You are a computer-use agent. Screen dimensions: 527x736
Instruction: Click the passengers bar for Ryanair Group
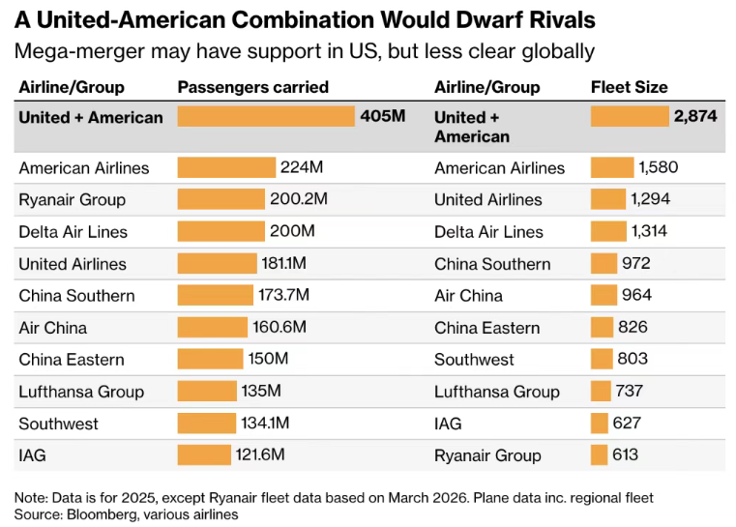(221, 199)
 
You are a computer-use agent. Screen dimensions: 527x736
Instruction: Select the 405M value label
(382, 117)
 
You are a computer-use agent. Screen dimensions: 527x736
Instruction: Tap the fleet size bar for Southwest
(602, 359)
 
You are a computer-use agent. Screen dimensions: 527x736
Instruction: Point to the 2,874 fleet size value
(695, 117)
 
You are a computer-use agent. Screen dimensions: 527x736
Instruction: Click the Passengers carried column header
(252, 87)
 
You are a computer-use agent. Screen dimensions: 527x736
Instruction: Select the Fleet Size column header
(629, 87)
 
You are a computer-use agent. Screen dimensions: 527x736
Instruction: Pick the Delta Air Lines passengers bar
(221, 231)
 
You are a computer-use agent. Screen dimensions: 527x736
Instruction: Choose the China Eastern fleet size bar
(602, 327)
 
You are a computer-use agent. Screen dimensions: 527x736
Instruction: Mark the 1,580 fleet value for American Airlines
(659, 167)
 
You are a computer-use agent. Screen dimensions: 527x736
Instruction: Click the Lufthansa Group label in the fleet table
(496, 391)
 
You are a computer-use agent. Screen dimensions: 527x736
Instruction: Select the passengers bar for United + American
(266, 117)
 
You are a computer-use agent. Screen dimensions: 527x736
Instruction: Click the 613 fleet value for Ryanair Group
(625, 454)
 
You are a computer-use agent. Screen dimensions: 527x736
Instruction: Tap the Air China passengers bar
(213, 327)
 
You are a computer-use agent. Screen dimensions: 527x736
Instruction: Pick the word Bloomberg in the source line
(100, 514)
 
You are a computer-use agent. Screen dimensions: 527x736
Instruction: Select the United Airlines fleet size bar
(607, 199)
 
